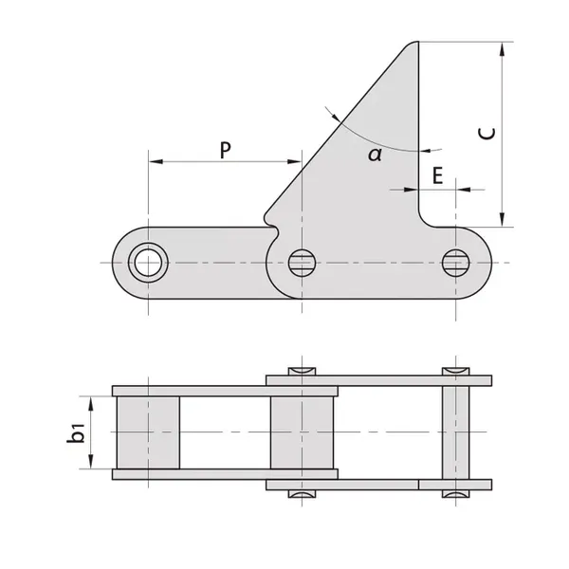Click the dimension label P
[x=225, y=149]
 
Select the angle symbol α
[x=375, y=154]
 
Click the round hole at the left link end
[x=147, y=262]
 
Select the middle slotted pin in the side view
[x=302, y=262]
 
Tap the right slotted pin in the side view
[x=456, y=262]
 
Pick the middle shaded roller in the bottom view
[x=302, y=432]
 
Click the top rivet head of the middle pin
[x=302, y=369]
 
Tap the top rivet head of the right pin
[x=456, y=369]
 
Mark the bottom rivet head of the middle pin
[x=302, y=496]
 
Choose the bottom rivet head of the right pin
[x=456, y=496]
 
